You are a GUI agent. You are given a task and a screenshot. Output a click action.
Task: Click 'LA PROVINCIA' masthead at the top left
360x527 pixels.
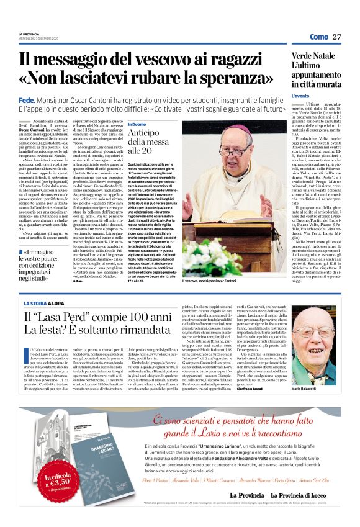tap(28, 34)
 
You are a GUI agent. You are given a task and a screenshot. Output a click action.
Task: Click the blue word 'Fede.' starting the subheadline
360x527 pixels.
tap(27, 99)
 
